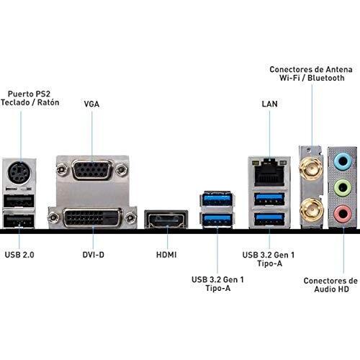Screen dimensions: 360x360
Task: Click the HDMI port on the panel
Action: coord(166,219)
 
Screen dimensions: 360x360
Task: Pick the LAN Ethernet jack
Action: coord(269,172)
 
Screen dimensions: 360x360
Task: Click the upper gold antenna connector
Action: coord(311,168)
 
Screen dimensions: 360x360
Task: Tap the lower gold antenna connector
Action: coord(311,211)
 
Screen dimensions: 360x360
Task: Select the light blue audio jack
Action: coord(343,162)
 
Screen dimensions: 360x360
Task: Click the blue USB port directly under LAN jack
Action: coord(269,199)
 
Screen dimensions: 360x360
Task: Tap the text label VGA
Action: coord(91,104)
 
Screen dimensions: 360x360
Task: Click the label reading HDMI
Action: coord(166,255)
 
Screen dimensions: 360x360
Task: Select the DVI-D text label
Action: coord(94,255)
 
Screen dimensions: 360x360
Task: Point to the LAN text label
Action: coord(270,104)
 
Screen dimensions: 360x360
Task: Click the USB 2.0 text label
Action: coord(19,255)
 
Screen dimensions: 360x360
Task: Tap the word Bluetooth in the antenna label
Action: coord(326,78)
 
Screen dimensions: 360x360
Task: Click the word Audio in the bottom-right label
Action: coord(323,289)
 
